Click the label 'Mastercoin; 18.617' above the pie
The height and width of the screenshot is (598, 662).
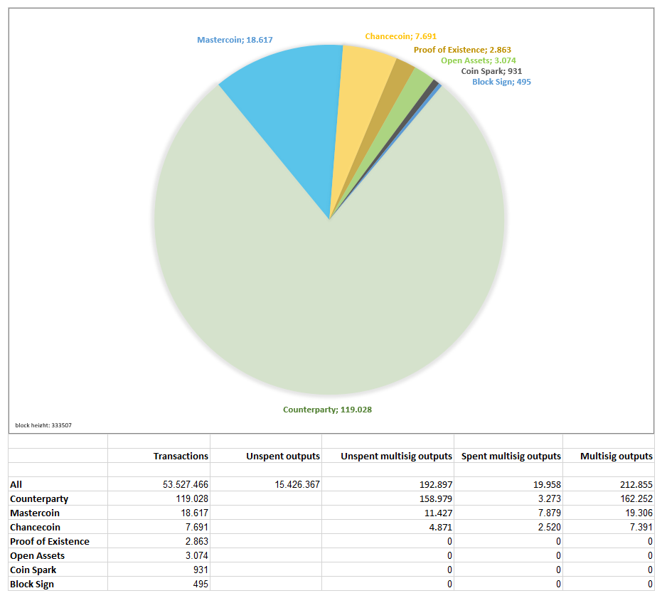235,40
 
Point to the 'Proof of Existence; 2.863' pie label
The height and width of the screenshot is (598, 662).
462,50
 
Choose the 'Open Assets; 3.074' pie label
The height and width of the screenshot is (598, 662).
479,60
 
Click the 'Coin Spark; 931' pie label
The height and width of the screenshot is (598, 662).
491,71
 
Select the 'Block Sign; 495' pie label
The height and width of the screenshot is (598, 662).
501,82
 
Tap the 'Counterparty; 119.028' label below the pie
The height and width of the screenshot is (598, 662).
327,410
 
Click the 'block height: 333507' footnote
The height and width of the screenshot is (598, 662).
43,425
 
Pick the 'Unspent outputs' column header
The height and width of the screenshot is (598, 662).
283,456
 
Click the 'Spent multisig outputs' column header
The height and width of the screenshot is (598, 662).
511,456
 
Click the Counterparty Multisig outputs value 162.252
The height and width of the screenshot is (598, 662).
632,498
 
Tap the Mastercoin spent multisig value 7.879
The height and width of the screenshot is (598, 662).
548,513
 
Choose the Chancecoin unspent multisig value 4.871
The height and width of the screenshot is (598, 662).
438,527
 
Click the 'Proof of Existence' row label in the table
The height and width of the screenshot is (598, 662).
50,541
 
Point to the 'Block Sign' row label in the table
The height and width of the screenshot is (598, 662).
32,584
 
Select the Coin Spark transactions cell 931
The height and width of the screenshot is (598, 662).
200,570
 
